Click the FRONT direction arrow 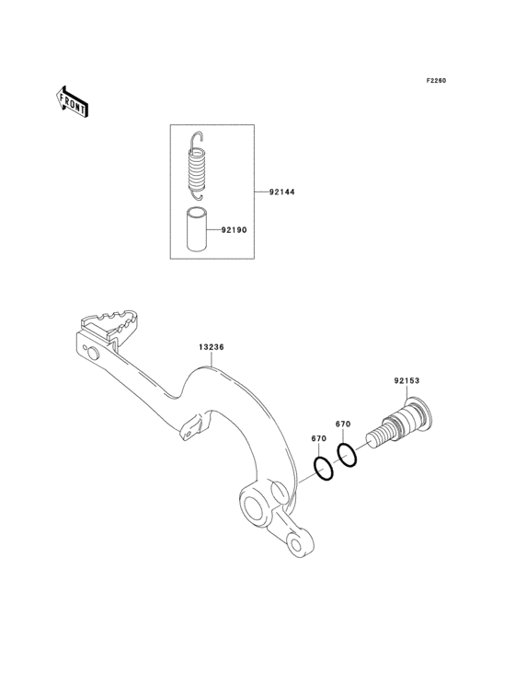(71, 101)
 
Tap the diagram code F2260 (436, 80)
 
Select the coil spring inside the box (198, 166)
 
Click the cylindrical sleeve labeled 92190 (196, 228)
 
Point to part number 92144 (282, 192)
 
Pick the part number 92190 (234, 230)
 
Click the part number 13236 (212, 346)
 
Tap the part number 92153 (406, 380)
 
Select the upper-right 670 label (343, 424)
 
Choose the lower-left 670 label (319, 438)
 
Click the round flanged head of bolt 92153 (419, 413)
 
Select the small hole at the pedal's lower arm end (296, 544)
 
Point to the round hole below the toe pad (93, 354)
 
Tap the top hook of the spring (197, 137)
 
